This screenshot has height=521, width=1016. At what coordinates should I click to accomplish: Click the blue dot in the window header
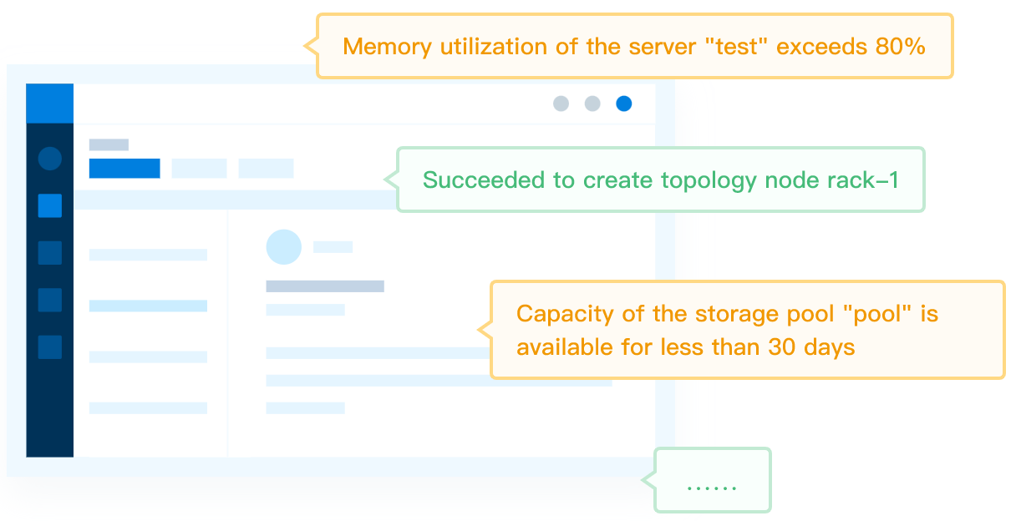[x=623, y=104]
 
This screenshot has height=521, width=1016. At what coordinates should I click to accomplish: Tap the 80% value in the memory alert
[x=901, y=46]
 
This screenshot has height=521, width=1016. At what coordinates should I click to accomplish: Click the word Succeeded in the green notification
[x=484, y=180]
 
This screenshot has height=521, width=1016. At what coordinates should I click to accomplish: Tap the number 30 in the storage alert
[x=782, y=347]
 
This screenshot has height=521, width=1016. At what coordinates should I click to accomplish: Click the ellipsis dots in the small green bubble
[x=712, y=488]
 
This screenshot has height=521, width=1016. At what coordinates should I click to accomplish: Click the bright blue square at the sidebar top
[x=50, y=104]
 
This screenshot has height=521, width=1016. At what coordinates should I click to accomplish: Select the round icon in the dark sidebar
[x=50, y=159]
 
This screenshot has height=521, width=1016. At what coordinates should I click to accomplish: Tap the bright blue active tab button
[x=124, y=168]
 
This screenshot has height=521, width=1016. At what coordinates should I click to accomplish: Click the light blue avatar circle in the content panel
[x=284, y=246]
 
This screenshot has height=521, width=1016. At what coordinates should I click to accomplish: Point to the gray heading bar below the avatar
[x=325, y=286]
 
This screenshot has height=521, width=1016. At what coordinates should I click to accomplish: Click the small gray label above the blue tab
[x=109, y=144]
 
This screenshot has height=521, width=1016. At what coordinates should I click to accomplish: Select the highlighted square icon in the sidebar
[x=50, y=206]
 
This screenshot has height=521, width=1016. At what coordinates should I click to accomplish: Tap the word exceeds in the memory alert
[x=822, y=46]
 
